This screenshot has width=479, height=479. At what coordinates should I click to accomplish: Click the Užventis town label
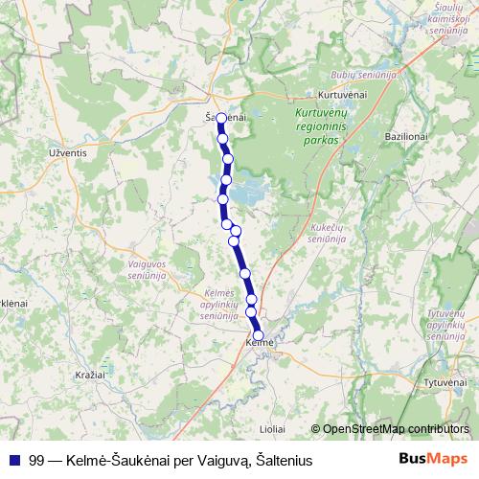click(x=67, y=150)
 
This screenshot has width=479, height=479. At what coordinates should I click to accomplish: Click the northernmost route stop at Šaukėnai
click(x=221, y=119)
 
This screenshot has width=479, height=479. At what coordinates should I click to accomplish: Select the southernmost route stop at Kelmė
click(x=258, y=334)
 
